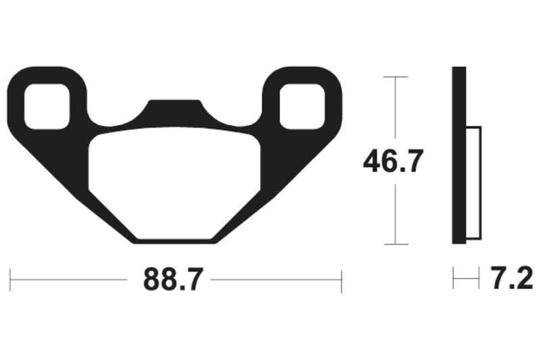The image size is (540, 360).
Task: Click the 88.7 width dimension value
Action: [173, 279]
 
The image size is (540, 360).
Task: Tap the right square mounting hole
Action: [302, 105]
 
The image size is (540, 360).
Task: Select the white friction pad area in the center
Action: [174, 182]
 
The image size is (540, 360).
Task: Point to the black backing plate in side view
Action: [459, 155]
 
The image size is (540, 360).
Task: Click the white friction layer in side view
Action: [473, 182]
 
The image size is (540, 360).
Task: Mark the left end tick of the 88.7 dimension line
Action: [10, 280]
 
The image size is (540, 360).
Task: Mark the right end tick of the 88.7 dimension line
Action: [342, 280]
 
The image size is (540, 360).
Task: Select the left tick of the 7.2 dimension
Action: [454, 278]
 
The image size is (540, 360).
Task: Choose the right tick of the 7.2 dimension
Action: [479, 278]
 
